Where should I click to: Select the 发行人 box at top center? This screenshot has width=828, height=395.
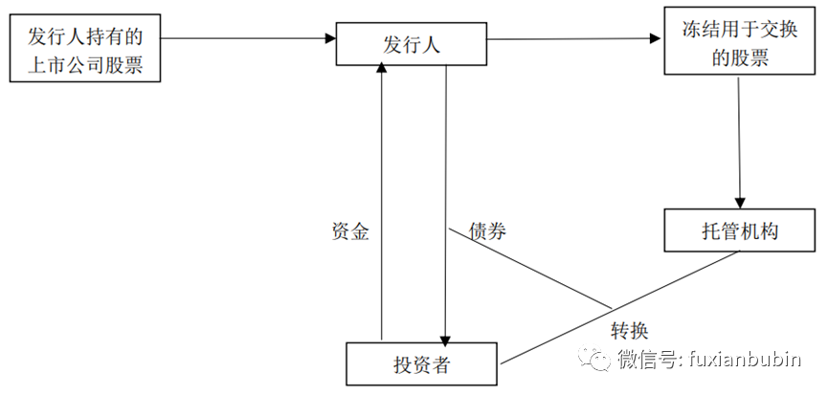[412, 43]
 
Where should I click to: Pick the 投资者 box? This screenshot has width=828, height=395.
[422, 364]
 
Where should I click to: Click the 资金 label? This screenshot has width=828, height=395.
[350, 231]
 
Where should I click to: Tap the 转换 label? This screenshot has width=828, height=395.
[629, 331]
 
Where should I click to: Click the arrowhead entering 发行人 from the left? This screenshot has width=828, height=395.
[330, 39]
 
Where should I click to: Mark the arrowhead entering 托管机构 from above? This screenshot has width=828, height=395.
[740, 202]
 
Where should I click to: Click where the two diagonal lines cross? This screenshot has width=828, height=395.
[611, 308]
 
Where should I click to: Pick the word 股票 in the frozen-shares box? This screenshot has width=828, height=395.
[750, 57]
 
